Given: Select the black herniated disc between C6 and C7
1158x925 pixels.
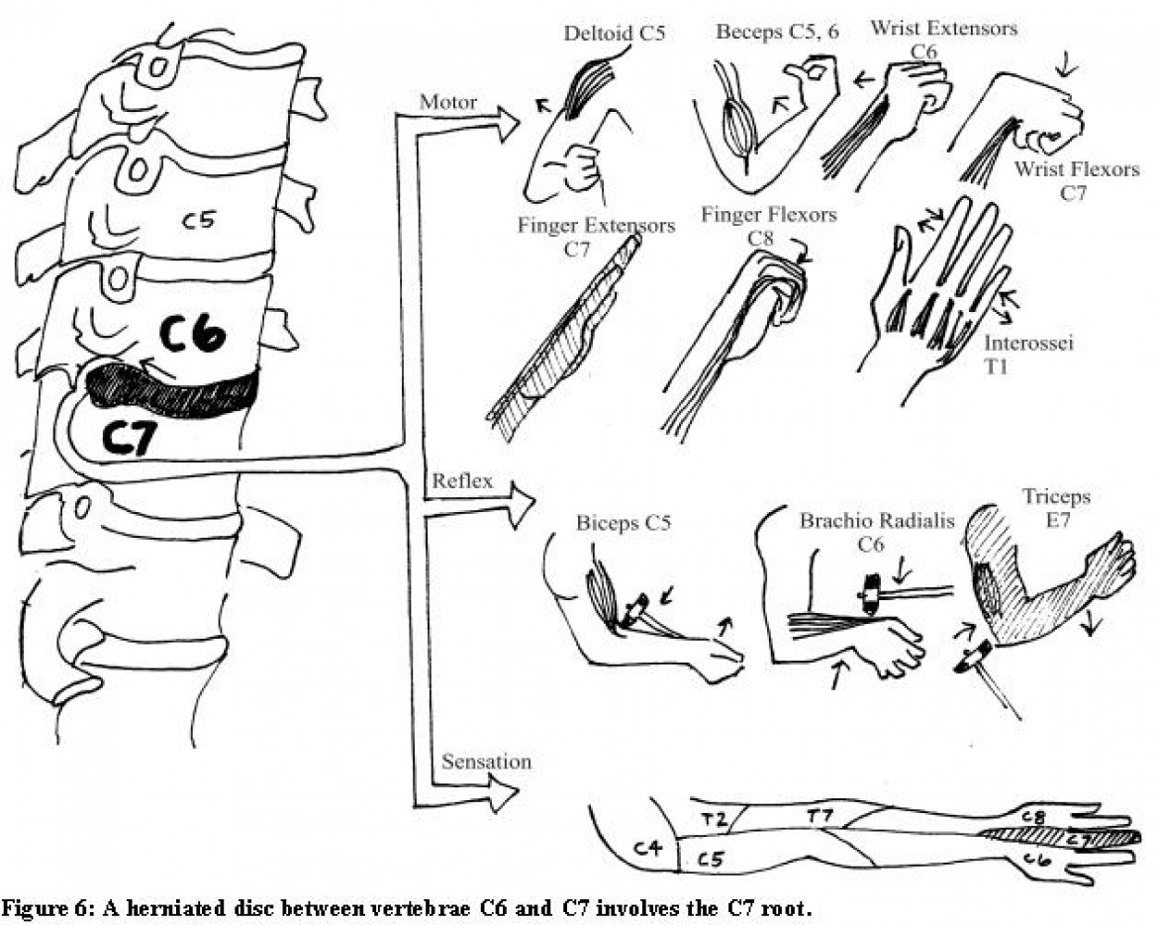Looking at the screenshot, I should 173,391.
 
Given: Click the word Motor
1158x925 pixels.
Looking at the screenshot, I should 448,102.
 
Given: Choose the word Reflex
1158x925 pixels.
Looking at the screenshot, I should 456,482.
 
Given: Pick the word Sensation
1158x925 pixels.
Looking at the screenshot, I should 486,762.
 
